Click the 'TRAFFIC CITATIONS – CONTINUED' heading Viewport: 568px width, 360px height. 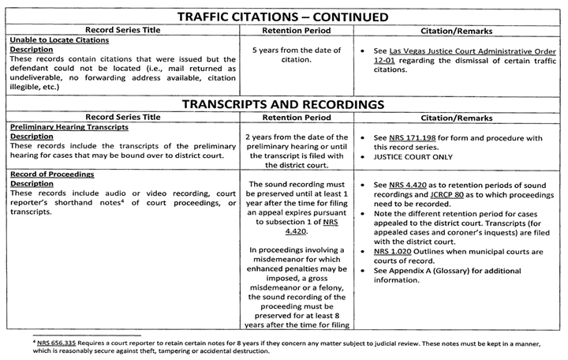point(283,17)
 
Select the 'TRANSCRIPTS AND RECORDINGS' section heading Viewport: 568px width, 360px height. point(283,103)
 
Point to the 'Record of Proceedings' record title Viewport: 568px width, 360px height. point(49,174)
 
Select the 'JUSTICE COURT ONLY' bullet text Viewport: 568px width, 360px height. point(421,158)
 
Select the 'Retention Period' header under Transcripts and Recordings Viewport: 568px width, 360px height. point(298,115)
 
